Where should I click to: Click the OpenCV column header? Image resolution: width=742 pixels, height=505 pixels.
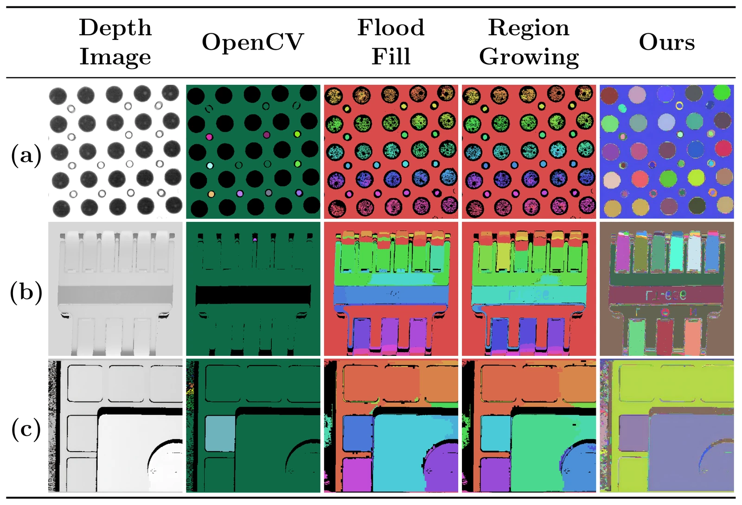[253, 42]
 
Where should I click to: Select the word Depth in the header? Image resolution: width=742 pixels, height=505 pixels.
[115, 28]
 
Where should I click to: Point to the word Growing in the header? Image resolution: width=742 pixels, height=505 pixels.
[529, 57]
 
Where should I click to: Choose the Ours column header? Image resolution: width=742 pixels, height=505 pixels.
[666, 42]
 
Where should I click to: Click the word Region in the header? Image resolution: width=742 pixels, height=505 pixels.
[529, 28]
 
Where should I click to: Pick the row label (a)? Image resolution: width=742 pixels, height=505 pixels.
[26, 155]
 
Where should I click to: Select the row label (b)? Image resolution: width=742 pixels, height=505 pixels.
[26, 292]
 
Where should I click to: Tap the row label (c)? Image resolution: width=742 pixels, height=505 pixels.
[26, 429]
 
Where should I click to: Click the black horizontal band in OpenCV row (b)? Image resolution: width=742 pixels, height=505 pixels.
[253, 295]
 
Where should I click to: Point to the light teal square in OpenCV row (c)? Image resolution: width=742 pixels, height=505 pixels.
[220, 434]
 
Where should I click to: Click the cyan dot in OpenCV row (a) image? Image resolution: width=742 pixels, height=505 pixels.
[210, 165]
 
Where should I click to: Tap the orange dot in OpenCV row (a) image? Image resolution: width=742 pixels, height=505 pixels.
[211, 194]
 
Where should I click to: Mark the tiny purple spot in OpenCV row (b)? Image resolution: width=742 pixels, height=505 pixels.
[255, 239]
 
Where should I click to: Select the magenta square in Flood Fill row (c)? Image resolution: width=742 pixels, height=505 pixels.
[357, 473]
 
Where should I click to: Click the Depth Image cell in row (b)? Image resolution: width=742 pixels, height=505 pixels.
[115, 289]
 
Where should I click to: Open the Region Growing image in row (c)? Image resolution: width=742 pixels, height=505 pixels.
[529, 426]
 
